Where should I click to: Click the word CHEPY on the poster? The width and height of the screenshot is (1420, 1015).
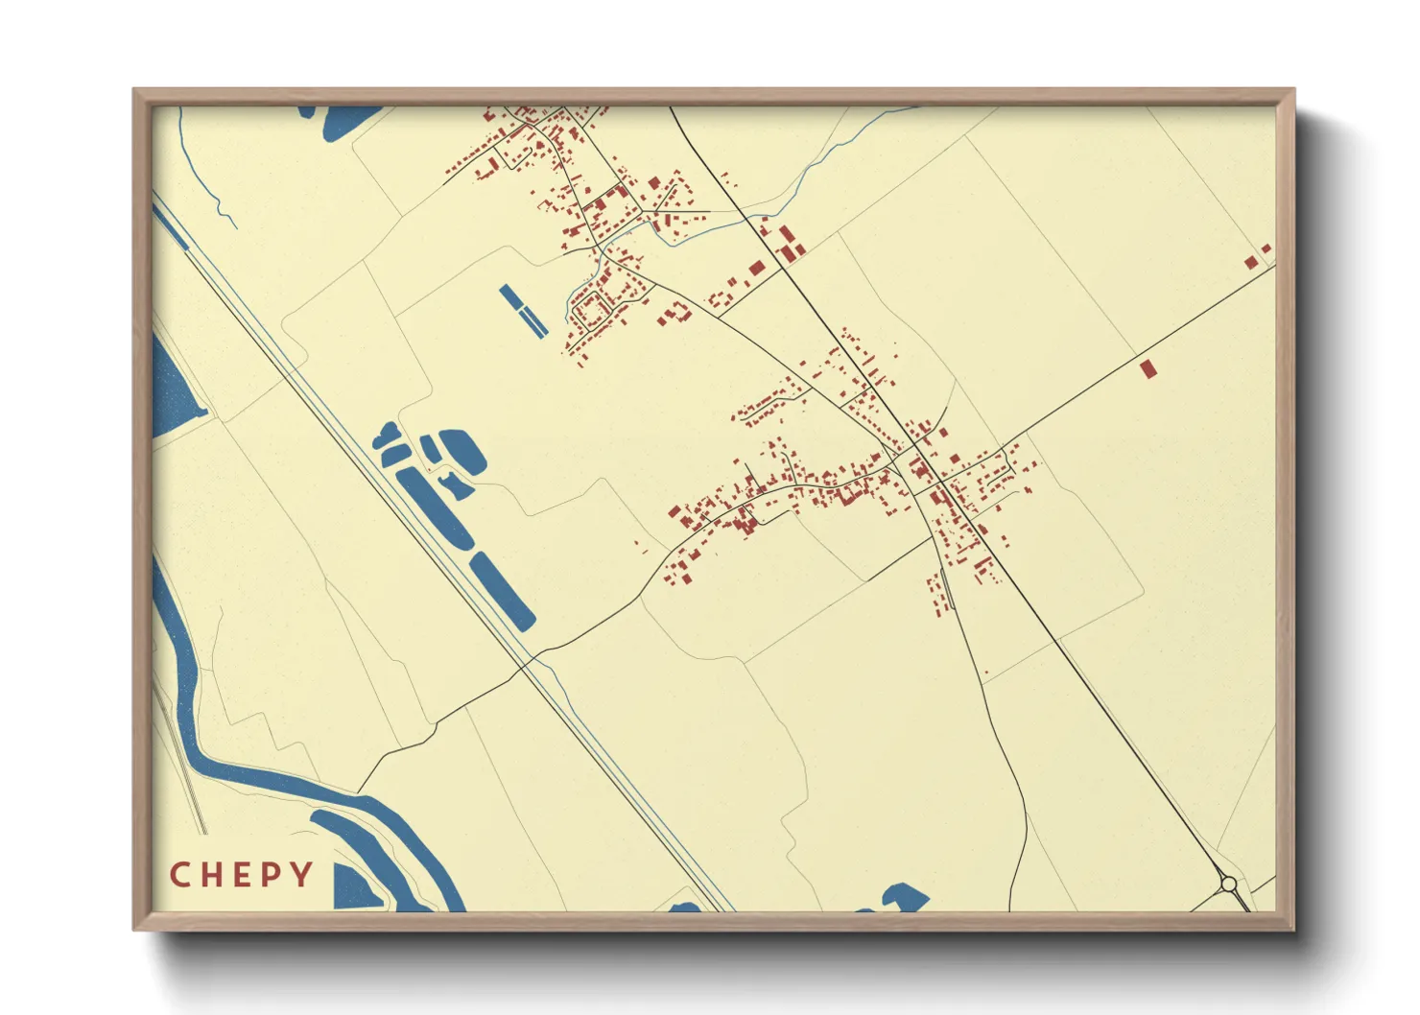point(241,874)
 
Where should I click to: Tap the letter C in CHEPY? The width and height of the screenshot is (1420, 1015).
point(178,874)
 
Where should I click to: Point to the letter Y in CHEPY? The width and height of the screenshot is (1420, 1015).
point(303,874)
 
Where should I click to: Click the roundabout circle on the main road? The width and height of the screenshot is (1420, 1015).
point(1228,883)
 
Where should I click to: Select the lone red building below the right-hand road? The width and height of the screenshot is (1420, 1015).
point(1148,368)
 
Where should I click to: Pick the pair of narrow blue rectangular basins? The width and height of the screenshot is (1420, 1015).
point(524,311)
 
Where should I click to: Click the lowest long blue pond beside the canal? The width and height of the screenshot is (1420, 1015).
point(502,591)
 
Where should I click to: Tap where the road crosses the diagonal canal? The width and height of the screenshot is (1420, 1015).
point(526,662)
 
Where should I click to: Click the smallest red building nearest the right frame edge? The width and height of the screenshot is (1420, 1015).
point(1266,248)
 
